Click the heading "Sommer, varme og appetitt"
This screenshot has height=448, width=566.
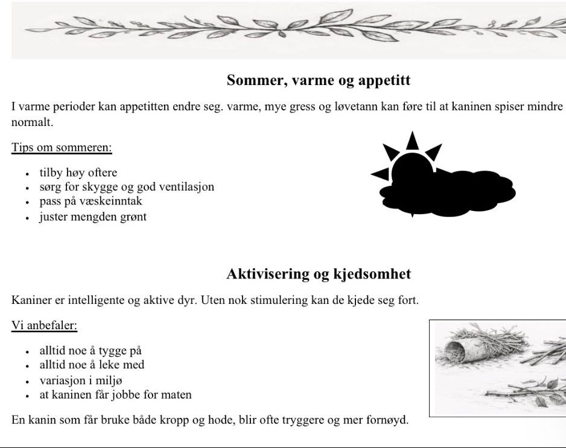(x=319, y=80)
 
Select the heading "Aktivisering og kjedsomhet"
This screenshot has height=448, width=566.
(x=319, y=274)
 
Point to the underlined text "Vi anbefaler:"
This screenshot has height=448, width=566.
(x=45, y=326)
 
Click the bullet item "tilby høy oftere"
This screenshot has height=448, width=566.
(x=78, y=173)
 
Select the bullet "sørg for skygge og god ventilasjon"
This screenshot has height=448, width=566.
(x=127, y=187)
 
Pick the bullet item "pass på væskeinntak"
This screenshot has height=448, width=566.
(x=91, y=201)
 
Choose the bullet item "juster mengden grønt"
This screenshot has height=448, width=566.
(x=93, y=216)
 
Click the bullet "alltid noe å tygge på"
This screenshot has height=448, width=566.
(x=91, y=350)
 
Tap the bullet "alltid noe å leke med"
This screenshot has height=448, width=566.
(x=92, y=365)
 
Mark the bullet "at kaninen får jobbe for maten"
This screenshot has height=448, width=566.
(x=115, y=395)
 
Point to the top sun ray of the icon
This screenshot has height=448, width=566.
(x=412, y=140)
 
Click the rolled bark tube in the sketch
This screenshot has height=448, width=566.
(x=460, y=352)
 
